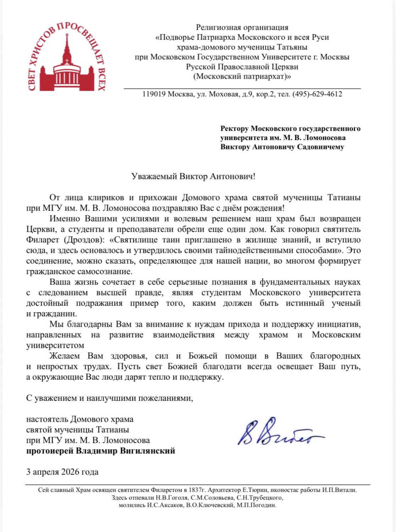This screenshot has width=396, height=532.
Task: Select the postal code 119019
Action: pyautogui.click(x=154, y=94)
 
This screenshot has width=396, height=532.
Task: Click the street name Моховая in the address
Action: pyautogui.click(x=224, y=94)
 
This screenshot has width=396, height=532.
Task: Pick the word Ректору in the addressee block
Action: pyautogui.click(x=234, y=128)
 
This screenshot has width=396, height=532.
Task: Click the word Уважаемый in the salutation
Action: pyautogui.click(x=154, y=176)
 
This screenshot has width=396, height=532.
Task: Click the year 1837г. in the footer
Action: pyautogui.click(x=195, y=490)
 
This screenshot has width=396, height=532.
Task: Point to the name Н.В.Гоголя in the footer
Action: pyautogui.click(x=172, y=498)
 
